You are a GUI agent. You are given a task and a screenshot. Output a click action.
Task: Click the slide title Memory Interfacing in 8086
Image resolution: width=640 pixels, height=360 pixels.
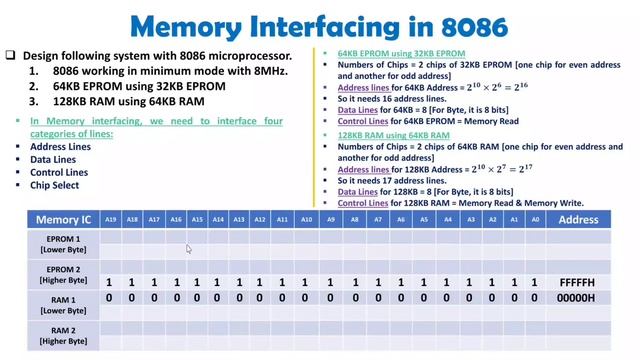pyautogui.click(x=320, y=25)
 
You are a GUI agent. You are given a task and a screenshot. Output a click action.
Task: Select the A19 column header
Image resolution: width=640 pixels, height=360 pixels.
pyautogui.click(x=110, y=219)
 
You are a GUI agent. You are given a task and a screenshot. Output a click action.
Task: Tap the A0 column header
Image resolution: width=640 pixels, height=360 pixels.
pyautogui.click(x=536, y=219)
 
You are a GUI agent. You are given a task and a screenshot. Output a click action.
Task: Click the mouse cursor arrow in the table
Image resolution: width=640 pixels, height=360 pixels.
pyautogui.click(x=188, y=249)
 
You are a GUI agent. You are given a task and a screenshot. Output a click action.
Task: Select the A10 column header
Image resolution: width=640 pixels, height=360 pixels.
pyautogui.click(x=307, y=219)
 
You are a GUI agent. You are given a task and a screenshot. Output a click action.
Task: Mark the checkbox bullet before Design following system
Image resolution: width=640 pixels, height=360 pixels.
pyautogui.click(x=10, y=56)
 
